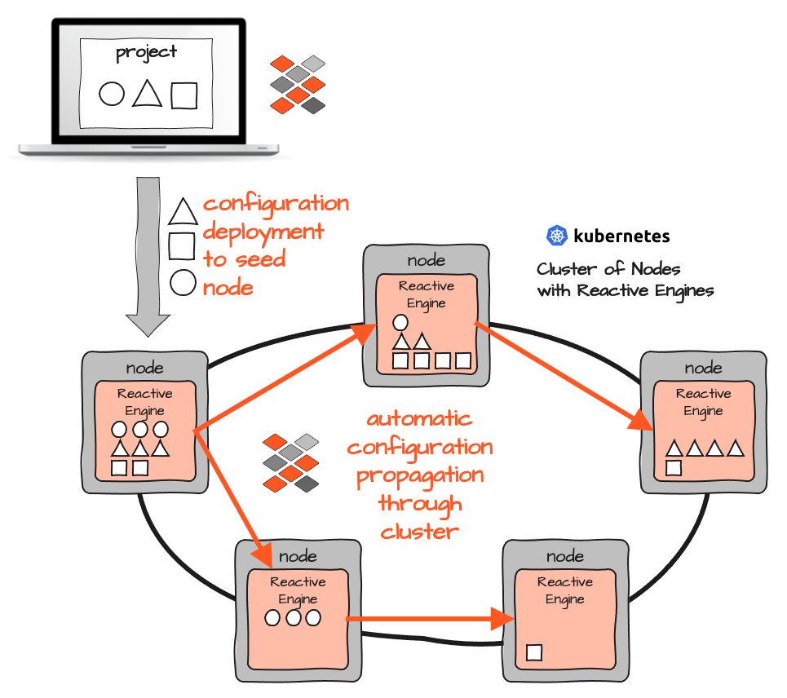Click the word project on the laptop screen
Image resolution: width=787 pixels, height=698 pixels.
click(x=147, y=53)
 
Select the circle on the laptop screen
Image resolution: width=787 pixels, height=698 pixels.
click(x=112, y=94)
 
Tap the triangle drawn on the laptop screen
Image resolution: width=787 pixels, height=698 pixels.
click(x=147, y=93)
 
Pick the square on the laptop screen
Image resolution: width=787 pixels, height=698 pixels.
click(x=184, y=95)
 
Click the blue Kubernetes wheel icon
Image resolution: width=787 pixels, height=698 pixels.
click(x=556, y=236)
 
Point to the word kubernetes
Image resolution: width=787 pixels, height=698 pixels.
click(x=621, y=236)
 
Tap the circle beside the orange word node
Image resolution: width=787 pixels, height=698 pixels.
click(x=183, y=283)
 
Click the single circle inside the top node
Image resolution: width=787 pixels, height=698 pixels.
click(x=400, y=322)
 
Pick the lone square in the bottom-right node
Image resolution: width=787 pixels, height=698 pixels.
click(x=534, y=652)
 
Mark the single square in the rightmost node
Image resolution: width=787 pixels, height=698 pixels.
click(x=674, y=468)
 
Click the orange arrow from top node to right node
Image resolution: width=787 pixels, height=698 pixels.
click(x=563, y=375)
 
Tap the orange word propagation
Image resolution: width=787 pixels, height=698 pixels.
click(x=420, y=475)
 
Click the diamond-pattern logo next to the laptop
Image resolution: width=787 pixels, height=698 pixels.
click(x=298, y=84)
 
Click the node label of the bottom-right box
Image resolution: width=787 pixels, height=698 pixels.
click(x=565, y=556)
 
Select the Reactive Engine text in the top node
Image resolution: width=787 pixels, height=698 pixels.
click(x=426, y=294)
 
